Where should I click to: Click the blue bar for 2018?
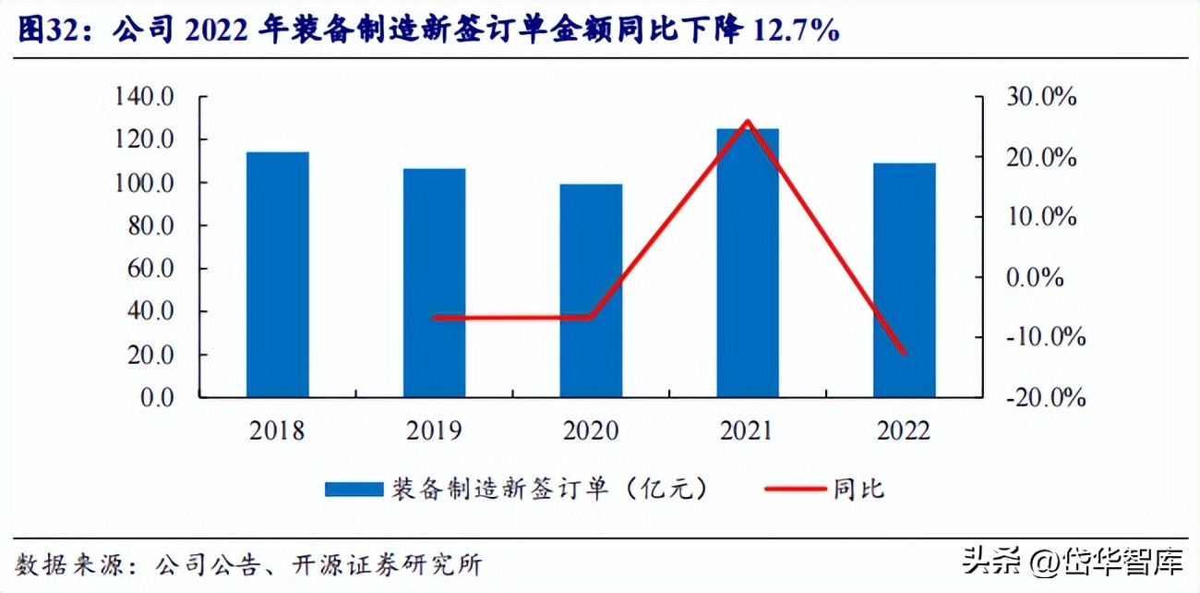[277, 274]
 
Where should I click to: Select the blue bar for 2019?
[434, 283]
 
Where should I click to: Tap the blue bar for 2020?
[591, 290]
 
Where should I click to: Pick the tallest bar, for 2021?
[748, 262]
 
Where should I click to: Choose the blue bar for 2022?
[905, 280]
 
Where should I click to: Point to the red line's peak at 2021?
[748, 121]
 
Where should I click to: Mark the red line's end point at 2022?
[905, 353]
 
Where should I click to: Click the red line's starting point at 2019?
[434, 317]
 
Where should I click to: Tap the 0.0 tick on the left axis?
[157, 398]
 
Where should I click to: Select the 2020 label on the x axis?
[591, 431]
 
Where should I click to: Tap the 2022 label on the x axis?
[905, 431]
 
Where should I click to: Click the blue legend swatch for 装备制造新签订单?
[353, 490]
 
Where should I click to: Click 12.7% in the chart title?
[797, 31]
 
